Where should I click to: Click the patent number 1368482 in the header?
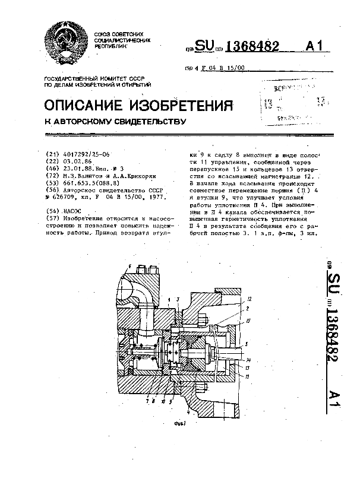pyautogui.click(x=250, y=49)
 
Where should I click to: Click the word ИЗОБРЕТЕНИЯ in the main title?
pyautogui.click(x=185, y=106)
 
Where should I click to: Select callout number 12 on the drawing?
pyautogui.click(x=248, y=298)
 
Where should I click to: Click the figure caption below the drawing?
pyautogui.click(x=180, y=423)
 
